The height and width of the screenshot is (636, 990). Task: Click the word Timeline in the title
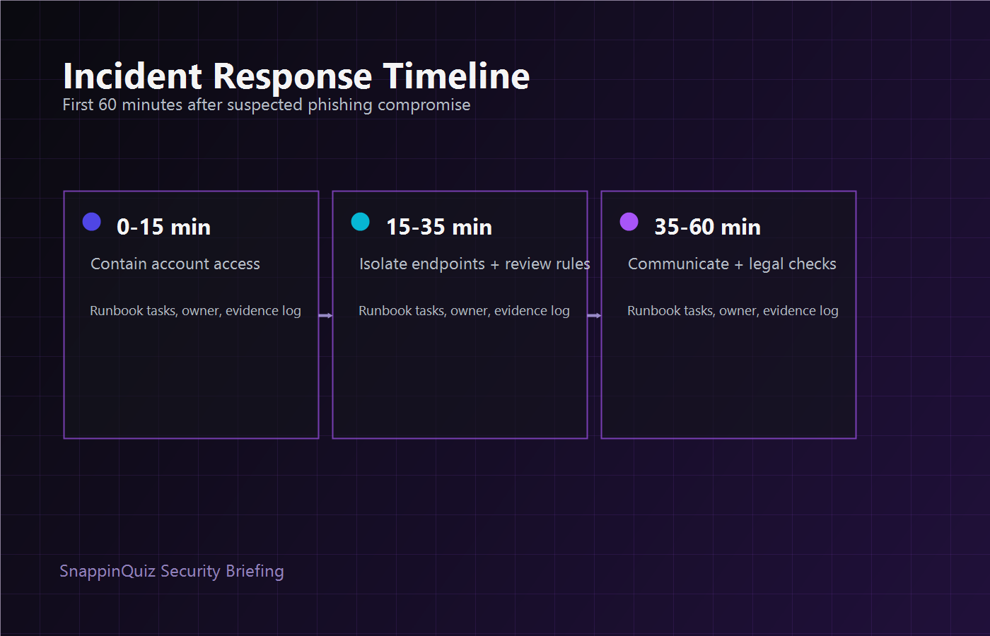tap(456, 76)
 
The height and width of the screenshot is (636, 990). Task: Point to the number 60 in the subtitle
tap(107, 105)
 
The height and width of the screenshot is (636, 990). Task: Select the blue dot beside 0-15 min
tap(92, 222)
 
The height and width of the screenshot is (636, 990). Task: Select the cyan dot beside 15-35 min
tap(361, 222)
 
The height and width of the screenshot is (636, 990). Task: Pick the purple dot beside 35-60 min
tap(629, 222)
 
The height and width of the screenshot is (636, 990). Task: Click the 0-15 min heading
tap(163, 227)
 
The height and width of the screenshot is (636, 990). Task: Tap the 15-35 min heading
tap(439, 227)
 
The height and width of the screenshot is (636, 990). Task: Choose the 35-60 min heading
tap(707, 227)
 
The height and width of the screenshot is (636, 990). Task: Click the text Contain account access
tap(175, 264)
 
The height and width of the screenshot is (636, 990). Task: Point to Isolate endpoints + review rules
tap(474, 264)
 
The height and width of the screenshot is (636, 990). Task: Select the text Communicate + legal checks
tap(732, 264)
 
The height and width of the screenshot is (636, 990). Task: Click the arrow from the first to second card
tap(325, 315)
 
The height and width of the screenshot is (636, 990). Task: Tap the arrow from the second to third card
tap(594, 315)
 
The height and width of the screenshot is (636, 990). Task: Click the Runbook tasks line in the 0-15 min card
tap(195, 311)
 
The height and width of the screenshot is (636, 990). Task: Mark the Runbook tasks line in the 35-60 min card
tap(733, 311)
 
